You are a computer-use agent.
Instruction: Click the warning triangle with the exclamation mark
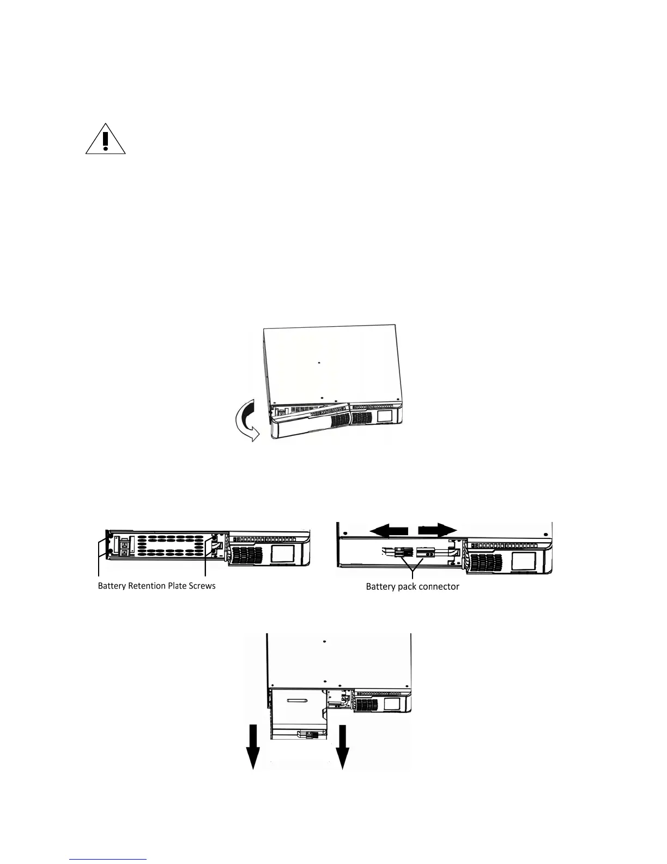[106, 140]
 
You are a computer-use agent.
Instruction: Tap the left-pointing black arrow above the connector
[389, 530]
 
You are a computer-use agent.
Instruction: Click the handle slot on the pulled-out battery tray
[299, 699]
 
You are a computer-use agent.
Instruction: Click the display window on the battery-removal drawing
[392, 704]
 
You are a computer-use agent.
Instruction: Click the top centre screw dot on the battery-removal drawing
[324, 641]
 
